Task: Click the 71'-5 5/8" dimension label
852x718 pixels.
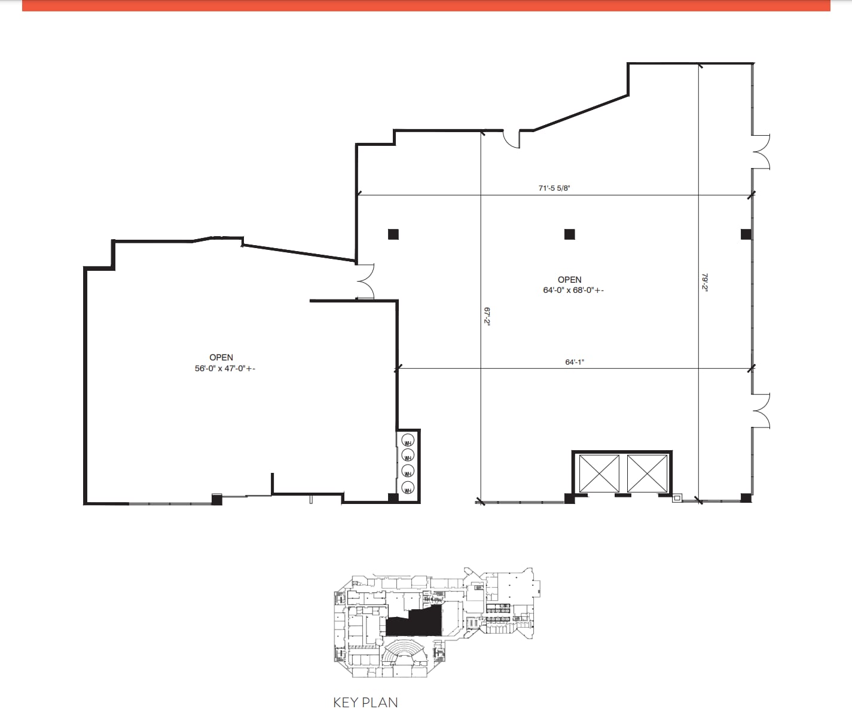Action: point(554,188)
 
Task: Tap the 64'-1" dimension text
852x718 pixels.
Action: point(574,362)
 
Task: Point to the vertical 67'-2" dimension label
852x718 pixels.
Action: point(487,316)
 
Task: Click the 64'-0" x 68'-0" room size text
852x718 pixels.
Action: point(569,291)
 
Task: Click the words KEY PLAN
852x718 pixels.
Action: point(365,702)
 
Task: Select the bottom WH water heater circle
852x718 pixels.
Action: point(408,487)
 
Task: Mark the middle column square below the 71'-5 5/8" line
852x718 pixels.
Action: point(569,234)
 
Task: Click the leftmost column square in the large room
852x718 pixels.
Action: point(393,234)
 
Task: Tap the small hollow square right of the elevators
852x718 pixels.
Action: point(677,497)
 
